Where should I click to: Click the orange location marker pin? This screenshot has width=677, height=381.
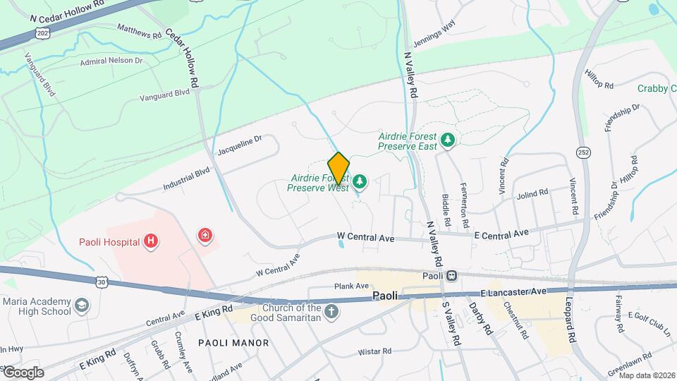click(x=338, y=168)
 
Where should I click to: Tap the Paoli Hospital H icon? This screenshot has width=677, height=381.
click(x=150, y=242)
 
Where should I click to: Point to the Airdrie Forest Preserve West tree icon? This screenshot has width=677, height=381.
click(x=360, y=183)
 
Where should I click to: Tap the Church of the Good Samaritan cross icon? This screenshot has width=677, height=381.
click(x=331, y=311)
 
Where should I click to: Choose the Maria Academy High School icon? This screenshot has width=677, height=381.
click(x=82, y=306)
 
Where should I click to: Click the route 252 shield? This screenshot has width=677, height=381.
click(x=583, y=152)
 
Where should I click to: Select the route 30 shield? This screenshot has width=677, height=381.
click(x=101, y=282)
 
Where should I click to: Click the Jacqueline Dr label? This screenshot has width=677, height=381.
click(x=239, y=145)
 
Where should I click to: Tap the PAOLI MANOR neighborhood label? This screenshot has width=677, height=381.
click(x=233, y=343)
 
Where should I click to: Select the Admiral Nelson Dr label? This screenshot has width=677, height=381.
click(x=111, y=61)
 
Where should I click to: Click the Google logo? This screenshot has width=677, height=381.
click(x=23, y=372)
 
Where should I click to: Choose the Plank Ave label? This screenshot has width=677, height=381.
click(x=352, y=286)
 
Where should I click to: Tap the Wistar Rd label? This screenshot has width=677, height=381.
click(x=374, y=351)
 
